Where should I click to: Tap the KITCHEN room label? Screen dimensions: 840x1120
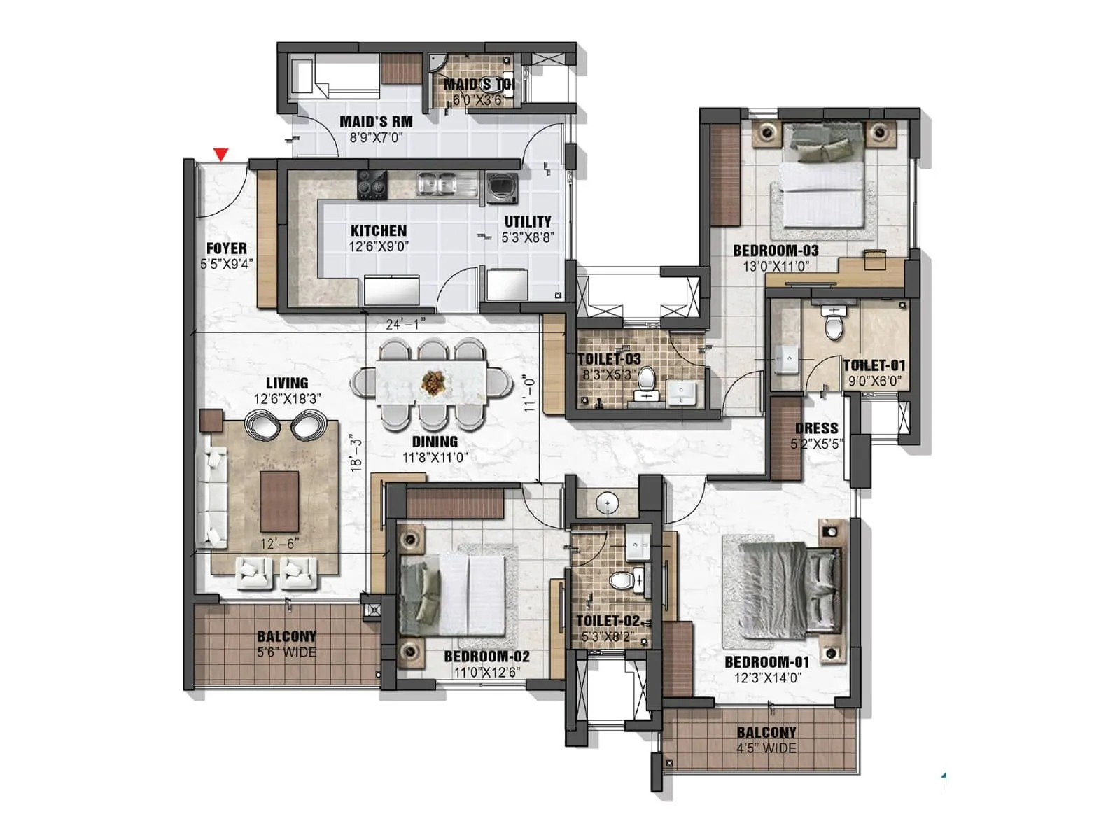[x=378, y=230]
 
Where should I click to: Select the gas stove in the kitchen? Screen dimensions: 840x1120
[x=372, y=185]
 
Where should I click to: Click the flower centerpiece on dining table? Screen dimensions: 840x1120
[x=432, y=382]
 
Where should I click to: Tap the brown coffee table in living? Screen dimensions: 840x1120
[x=279, y=501]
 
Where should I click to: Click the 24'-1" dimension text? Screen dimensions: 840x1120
[x=405, y=323]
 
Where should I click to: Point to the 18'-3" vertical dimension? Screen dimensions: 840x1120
[x=356, y=453]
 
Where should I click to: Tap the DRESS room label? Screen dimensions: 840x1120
[x=816, y=428]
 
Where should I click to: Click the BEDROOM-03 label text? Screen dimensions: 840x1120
[x=776, y=251]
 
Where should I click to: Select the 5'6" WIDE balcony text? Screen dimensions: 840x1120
[x=286, y=652]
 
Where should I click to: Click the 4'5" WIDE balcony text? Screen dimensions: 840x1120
[x=766, y=748]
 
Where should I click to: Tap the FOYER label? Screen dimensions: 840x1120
[x=226, y=248]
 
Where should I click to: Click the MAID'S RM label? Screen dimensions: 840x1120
[x=376, y=122]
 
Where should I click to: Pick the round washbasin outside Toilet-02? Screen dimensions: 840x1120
[x=607, y=503]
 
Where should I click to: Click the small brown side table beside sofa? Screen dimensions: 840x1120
[x=211, y=421]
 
